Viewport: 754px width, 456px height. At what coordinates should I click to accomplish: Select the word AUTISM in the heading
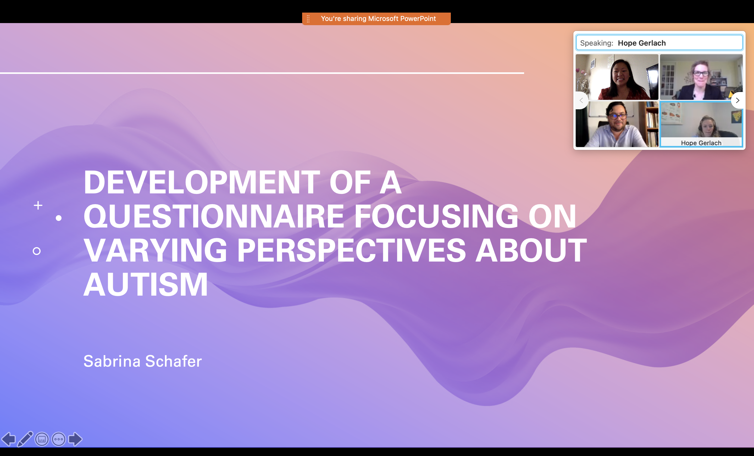point(146,285)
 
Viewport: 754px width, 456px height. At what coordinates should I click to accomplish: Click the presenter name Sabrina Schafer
point(143,361)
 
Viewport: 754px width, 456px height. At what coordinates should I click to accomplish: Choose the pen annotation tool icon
point(25,439)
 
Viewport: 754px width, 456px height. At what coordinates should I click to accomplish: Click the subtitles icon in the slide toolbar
point(42,439)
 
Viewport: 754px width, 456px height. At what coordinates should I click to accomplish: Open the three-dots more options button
point(59,439)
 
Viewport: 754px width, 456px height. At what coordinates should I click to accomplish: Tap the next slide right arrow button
point(75,439)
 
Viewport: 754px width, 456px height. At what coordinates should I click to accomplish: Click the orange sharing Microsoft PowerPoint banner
point(376,19)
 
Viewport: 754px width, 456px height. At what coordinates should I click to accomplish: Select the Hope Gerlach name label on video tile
point(701,143)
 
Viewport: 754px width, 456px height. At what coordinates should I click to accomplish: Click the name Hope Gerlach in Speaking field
point(642,43)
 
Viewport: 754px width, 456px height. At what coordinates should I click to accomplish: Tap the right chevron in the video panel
point(738,100)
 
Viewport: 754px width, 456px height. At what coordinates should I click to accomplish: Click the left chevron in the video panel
point(581,100)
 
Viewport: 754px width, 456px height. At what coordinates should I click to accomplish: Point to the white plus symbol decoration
point(38,205)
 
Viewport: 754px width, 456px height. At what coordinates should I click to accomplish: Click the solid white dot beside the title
point(59,218)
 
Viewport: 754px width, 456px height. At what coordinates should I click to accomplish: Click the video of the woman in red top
point(617,77)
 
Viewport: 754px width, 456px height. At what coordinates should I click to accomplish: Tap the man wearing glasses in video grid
point(617,124)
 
